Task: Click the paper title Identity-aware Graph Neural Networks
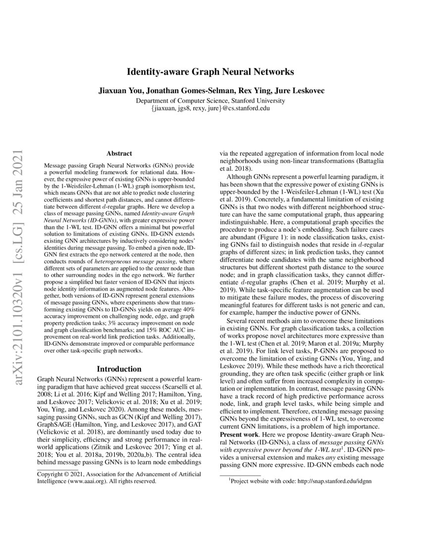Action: tap(210, 72)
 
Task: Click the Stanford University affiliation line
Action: tap(210, 101)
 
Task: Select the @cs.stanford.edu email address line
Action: tap(210, 108)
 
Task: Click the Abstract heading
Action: tap(119, 154)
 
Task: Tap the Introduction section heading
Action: tap(119, 369)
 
